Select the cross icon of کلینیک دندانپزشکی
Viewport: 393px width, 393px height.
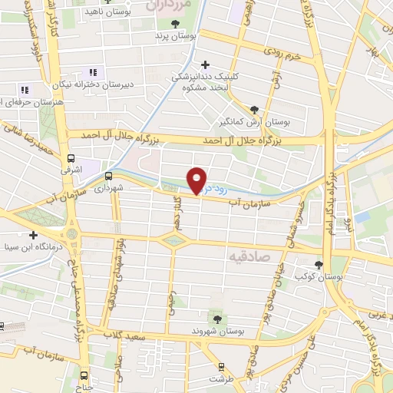tap(204, 64)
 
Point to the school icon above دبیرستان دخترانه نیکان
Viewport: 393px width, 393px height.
tap(93, 72)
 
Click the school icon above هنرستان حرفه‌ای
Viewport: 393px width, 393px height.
tap(24, 90)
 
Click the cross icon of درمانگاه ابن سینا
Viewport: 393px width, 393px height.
tap(32, 235)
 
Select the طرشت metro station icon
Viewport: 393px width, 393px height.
tap(221, 368)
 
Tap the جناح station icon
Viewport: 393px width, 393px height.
tap(84, 376)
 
